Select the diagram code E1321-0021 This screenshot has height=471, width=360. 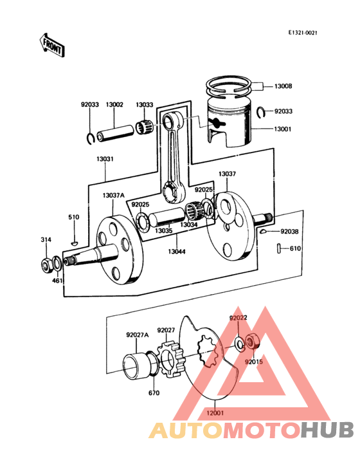point(302,33)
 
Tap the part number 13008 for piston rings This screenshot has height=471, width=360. point(283,86)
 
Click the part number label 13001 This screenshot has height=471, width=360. point(283,129)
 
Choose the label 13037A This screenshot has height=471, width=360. point(114,196)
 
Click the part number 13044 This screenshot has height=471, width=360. point(177,252)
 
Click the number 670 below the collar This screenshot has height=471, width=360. point(154,392)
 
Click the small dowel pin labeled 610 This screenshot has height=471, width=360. point(279,248)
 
